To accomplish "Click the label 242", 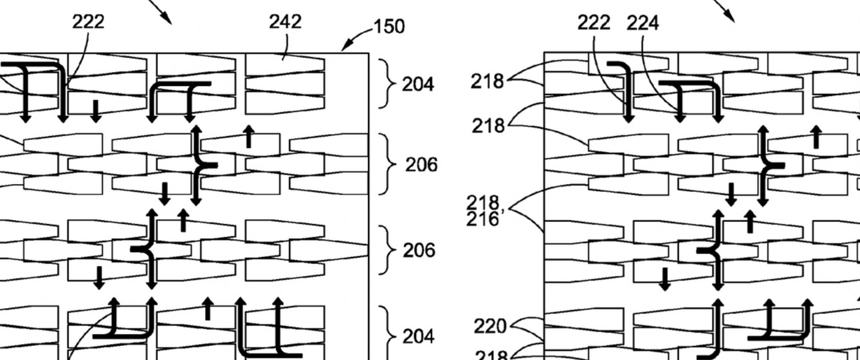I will (x=285, y=21).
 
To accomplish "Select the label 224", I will (x=643, y=23).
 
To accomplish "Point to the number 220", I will (x=490, y=327).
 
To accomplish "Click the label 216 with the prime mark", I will (x=485, y=217).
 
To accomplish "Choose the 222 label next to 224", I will (x=594, y=23).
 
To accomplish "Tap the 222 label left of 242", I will (x=88, y=21).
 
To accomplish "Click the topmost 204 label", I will (x=418, y=85).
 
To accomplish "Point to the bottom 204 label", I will (x=418, y=335).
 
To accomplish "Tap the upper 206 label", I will (x=421, y=164).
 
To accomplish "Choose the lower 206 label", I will (x=419, y=250).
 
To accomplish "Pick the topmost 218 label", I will (x=487, y=81).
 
